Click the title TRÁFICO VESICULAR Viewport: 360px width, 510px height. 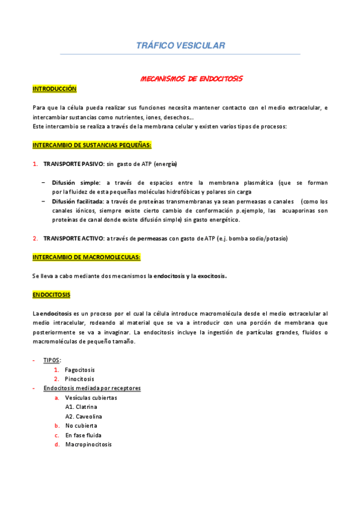coord(180,46)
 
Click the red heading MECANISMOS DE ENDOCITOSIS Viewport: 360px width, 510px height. coord(191,79)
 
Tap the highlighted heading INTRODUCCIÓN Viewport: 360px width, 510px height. coord(55,88)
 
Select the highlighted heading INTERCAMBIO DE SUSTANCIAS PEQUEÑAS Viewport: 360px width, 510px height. coord(92,145)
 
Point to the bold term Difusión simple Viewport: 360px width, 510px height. coord(76,182)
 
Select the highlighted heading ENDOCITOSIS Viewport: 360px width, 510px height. coord(51,295)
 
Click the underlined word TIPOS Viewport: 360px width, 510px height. coord(52,360)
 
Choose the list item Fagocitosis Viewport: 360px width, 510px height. coord(80,370)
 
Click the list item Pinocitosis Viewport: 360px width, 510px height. coord(80,379)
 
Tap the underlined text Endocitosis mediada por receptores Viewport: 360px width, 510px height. coord(92,389)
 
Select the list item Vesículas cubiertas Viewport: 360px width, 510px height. coord(91,398)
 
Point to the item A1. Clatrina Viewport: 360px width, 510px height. coord(81,407)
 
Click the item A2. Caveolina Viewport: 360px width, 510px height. coord(84,416)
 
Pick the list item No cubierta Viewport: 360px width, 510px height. coord(81,426)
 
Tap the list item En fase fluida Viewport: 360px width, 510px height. coord(83,435)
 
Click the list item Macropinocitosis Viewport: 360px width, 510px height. coord(88,444)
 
